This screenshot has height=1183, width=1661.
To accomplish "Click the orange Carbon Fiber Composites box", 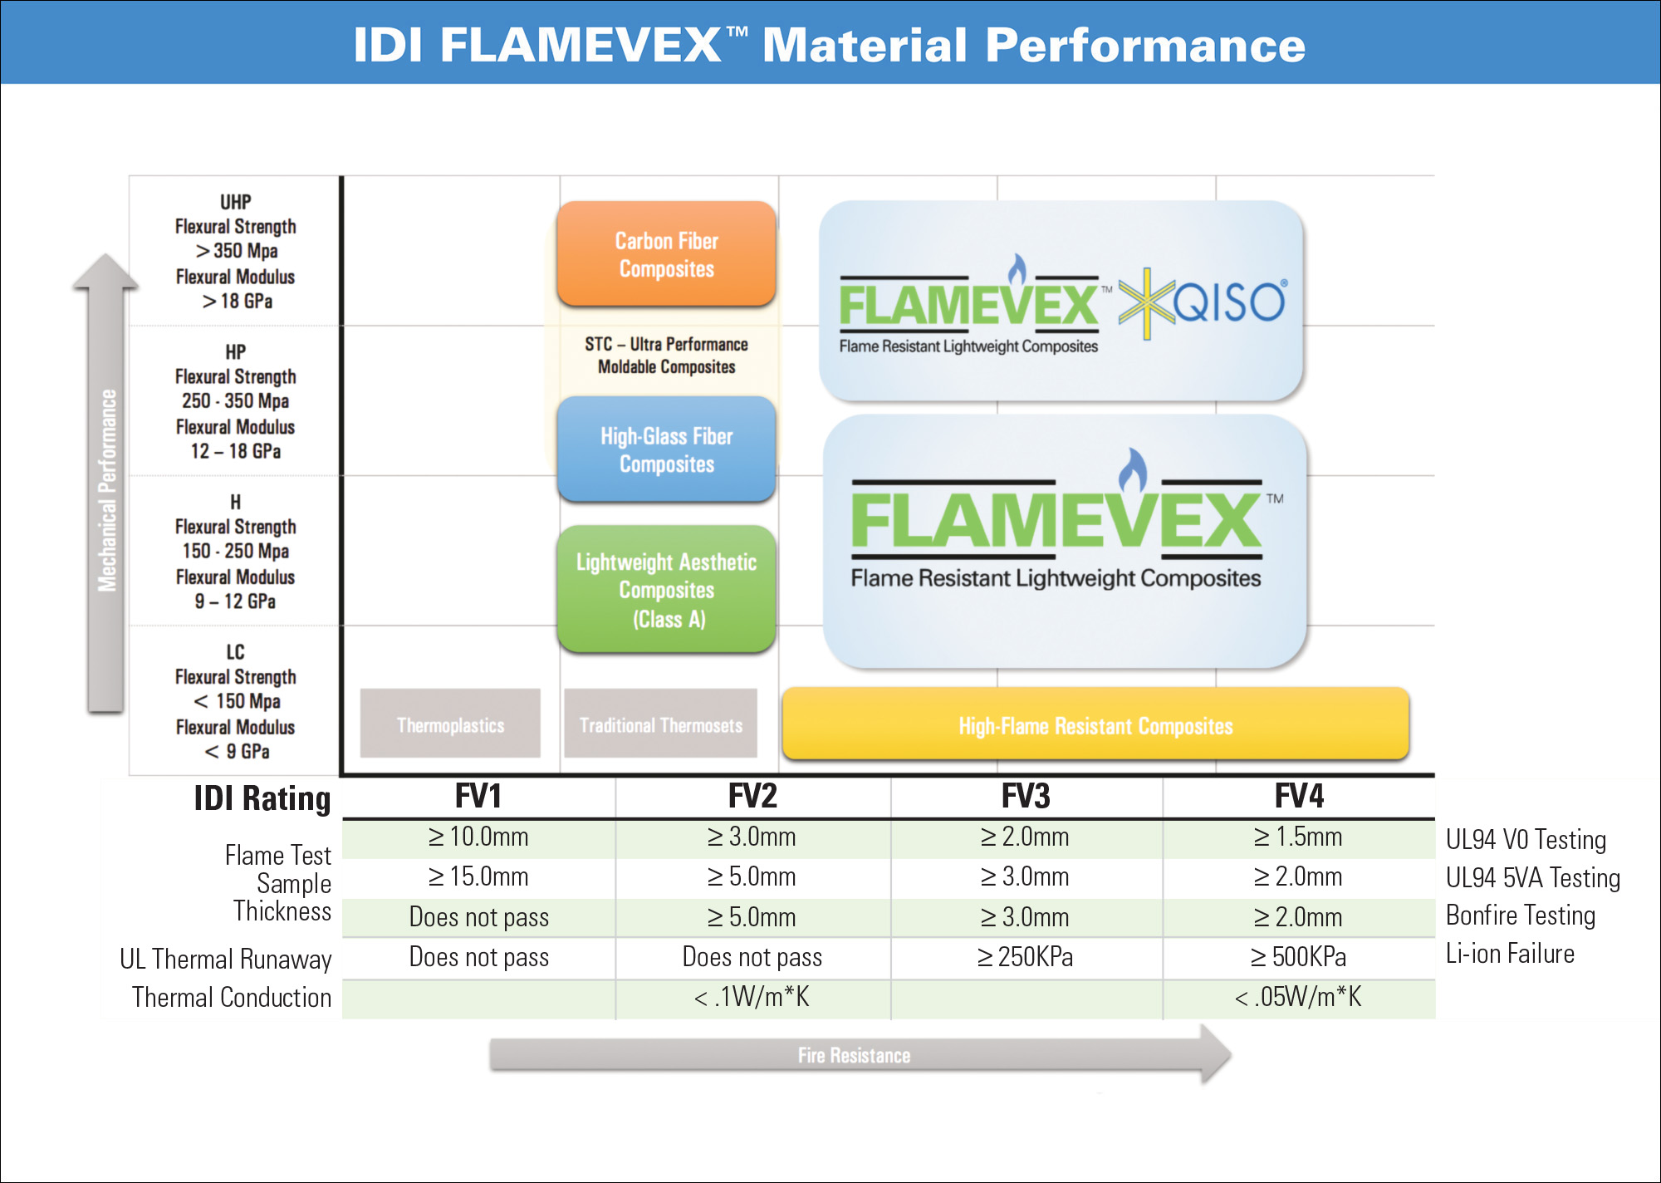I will [x=666, y=254].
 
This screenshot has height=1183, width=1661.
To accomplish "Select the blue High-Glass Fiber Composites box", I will [x=666, y=449].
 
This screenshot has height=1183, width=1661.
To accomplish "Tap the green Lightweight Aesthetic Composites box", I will [x=666, y=589].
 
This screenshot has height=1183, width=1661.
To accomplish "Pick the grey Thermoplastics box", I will [x=450, y=724].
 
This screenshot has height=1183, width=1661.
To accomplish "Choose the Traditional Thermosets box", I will [x=660, y=724].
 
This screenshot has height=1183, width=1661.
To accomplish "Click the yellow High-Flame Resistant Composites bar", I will [x=1095, y=725].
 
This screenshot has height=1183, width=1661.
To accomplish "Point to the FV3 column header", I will [x=1026, y=797].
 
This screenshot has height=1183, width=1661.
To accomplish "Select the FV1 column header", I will [x=478, y=797].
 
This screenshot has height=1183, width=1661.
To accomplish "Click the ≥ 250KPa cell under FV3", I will [x=1026, y=957].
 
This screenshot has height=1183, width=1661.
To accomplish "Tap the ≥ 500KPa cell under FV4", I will [x=1299, y=957].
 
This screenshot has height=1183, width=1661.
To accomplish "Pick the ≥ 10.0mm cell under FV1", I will [x=478, y=837].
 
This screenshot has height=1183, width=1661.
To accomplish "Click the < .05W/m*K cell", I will [x=1299, y=997].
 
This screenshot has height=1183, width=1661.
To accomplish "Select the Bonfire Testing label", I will [x=1521, y=915].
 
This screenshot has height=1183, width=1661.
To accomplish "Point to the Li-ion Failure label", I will [x=1510, y=954].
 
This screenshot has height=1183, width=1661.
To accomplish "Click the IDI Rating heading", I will [x=262, y=798].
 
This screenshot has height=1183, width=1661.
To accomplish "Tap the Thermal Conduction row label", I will [x=232, y=997].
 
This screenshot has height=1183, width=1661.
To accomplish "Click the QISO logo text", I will [x=1229, y=302].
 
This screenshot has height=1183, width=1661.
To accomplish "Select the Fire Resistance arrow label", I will [x=854, y=1055].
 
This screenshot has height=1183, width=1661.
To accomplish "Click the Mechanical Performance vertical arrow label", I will [x=107, y=490].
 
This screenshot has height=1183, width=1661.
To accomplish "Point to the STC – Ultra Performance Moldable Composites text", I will [x=666, y=356].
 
